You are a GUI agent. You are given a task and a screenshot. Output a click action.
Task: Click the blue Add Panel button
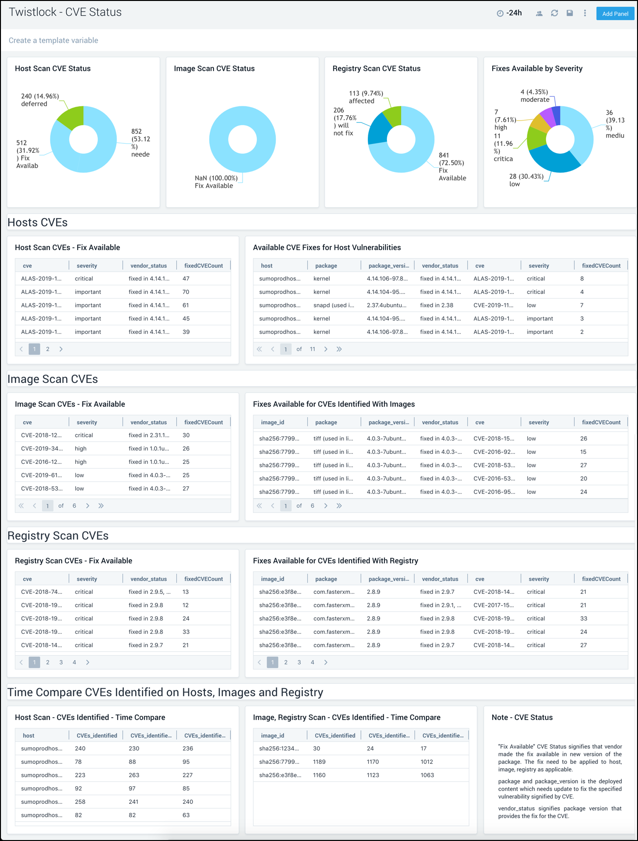615,14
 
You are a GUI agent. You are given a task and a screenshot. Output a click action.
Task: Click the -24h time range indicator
509,13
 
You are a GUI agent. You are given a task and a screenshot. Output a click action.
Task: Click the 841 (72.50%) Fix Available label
452,166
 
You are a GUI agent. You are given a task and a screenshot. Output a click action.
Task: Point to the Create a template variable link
53,40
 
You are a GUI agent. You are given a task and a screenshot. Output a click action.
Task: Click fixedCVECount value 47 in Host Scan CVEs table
186,279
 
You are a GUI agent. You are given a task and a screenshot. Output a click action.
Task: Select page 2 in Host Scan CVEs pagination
48,349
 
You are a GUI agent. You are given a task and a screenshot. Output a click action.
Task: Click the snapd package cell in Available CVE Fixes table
334,305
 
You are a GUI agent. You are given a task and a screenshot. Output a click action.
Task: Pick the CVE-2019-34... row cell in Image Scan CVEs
41,449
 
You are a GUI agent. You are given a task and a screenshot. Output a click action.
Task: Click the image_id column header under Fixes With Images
273,422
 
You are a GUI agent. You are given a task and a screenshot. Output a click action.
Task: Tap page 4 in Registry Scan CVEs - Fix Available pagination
74,662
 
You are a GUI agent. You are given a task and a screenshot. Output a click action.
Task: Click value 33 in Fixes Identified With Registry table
584,619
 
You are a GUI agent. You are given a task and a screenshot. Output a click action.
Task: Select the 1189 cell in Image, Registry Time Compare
319,762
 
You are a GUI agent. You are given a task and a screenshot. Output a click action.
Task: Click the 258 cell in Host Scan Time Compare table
80,802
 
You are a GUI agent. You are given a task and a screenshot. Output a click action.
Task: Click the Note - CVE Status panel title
522,718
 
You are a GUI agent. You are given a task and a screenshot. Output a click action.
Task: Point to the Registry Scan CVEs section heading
58,536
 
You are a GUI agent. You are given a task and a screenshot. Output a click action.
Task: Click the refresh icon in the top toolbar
554,13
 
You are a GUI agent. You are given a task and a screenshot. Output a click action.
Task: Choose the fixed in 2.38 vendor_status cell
436,305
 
